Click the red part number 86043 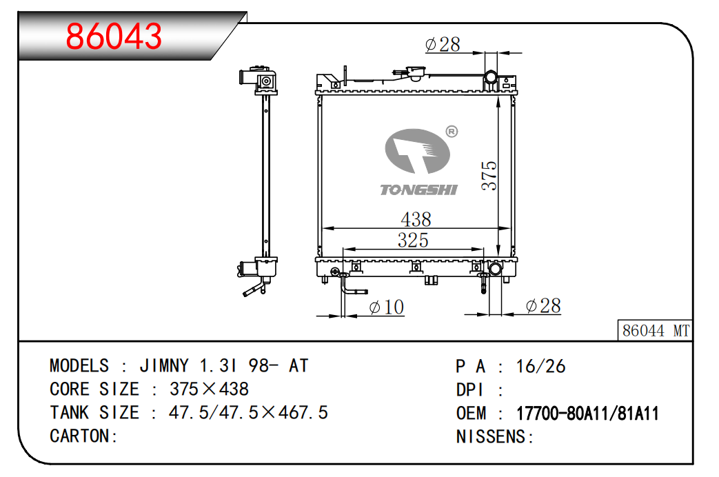(114, 37)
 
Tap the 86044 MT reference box (655, 330)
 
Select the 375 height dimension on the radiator (489, 175)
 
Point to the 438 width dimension (416, 219)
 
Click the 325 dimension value (413, 241)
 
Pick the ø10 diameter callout (387, 307)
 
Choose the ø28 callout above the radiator (443, 45)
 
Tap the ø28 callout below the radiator (543, 306)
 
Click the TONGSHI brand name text (418, 190)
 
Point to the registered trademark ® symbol (452, 132)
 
